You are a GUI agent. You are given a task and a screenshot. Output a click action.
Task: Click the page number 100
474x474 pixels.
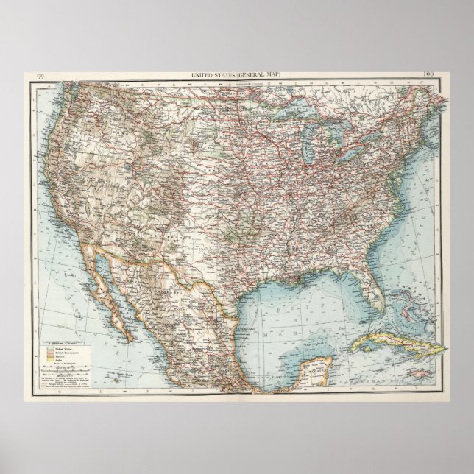[429, 75]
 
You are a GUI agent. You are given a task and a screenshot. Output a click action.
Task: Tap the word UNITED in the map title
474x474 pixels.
[203, 75]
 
